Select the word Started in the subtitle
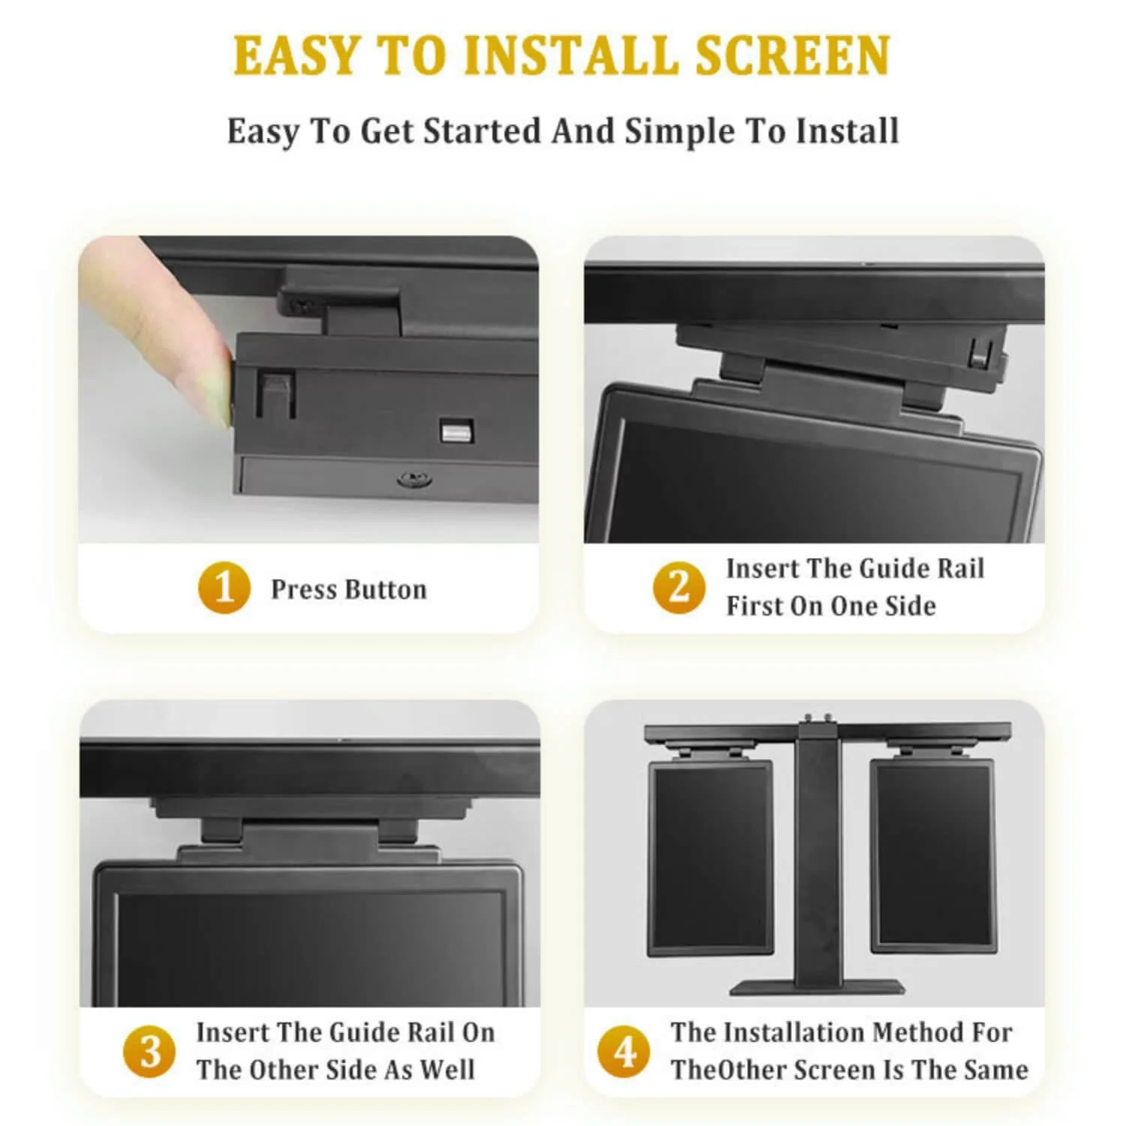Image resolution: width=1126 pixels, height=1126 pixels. point(482,131)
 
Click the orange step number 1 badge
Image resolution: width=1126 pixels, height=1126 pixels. point(224,589)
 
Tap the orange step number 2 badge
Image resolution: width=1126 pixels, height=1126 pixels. point(679,587)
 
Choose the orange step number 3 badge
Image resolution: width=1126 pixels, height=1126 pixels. point(149,1051)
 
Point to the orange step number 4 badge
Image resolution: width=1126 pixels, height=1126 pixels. point(624,1051)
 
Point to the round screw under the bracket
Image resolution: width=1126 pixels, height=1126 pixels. point(410,479)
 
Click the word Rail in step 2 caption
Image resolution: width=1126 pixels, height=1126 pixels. point(959,569)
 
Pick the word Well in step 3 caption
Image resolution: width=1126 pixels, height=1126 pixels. point(447,1070)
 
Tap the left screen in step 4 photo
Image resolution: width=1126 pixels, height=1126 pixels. point(710,857)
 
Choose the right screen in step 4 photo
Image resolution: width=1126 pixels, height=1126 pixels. point(932,857)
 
